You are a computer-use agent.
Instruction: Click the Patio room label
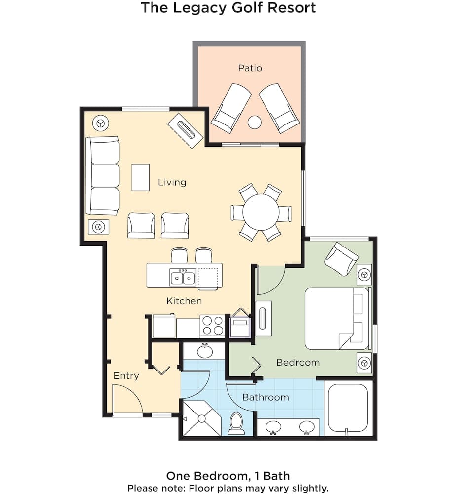pyautogui.click(x=250, y=68)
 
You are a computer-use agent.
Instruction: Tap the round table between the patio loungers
pyautogui.click(x=254, y=122)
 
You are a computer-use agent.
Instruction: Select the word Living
pyautogui.click(x=172, y=182)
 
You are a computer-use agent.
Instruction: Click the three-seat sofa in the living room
pyautogui.click(x=103, y=176)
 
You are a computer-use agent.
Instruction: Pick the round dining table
pyautogui.click(x=261, y=212)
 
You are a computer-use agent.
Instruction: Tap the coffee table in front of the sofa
pyautogui.click(x=141, y=177)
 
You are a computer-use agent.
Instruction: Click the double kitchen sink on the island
pyautogui.click(x=182, y=278)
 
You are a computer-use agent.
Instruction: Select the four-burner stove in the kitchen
pyautogui.click(x=212, y=326)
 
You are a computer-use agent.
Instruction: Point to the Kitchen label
pyautogui.click(x=184, y=301)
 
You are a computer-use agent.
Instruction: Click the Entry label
pyautogui.click(x=126, y=376)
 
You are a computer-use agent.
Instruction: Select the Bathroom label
pyautogui.click(x=266, y=397)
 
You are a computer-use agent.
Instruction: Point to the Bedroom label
pyautogui.click(x=298, y=362)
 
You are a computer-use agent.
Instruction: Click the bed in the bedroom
pyautogui.click(x=336, y=319)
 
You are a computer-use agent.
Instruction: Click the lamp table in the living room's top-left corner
pyautogui.click(x=101, y=122)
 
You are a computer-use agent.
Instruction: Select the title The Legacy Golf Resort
pyautogui.click(x=228, y=8)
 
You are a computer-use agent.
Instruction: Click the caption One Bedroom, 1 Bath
pyautogui.click(x=228, y=476)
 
